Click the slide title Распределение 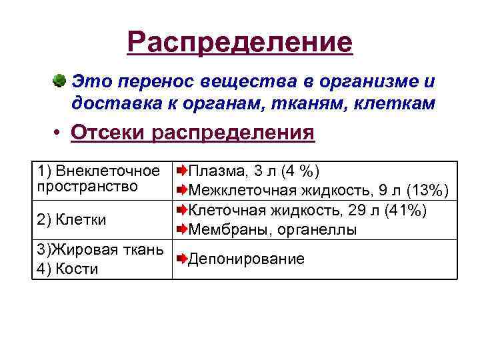coord(240,43)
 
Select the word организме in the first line coord(374,82)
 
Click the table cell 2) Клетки coord(72,219)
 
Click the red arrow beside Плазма coord(181,171)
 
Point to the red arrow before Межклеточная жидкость coord(181,191)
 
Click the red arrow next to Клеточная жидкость coord(181,210)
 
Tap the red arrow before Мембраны coord(181,230)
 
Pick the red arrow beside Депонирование coord(181,259)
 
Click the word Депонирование coord(247,259)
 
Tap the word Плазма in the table coord(213,171)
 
